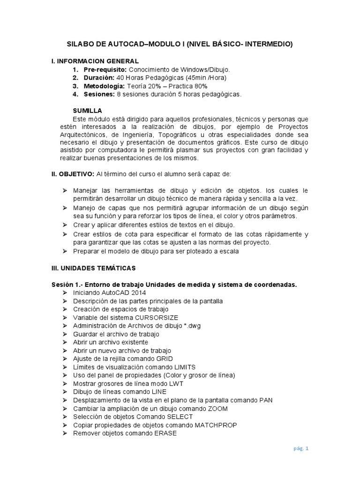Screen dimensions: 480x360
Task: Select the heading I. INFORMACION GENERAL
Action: [x=95, y=61]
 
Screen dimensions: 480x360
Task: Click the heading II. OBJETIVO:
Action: [x=73, y=174]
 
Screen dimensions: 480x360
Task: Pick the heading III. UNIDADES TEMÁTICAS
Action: [x=93, y=268]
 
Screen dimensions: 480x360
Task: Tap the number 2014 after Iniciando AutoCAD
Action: [x=132, y=292]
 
